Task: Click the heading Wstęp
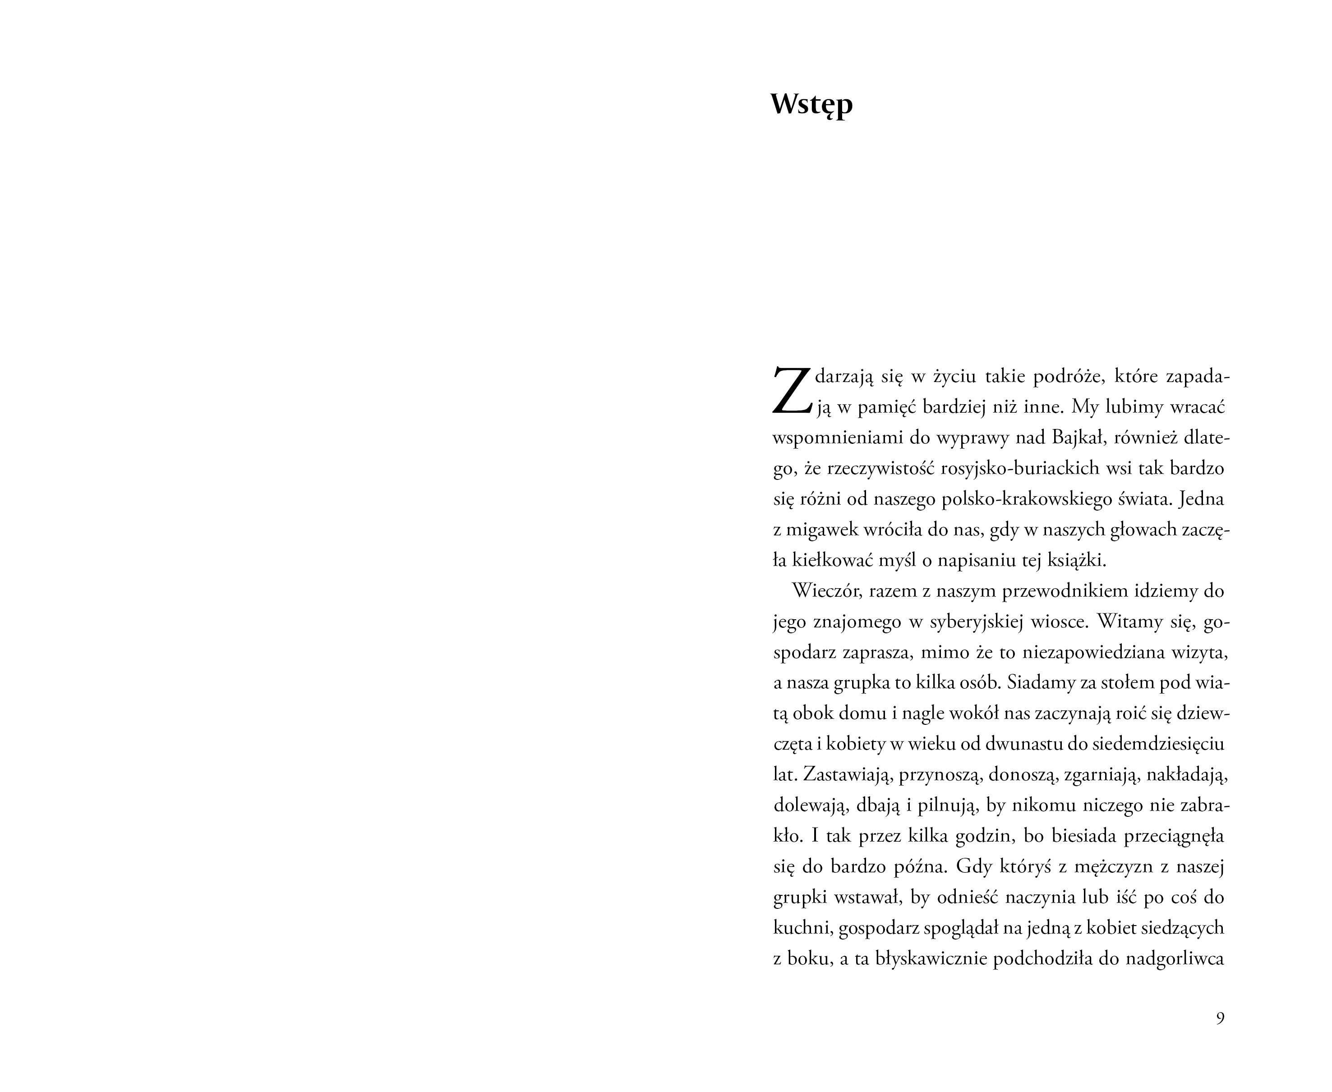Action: coord(811,105)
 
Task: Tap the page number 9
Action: coord(1220,1018)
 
